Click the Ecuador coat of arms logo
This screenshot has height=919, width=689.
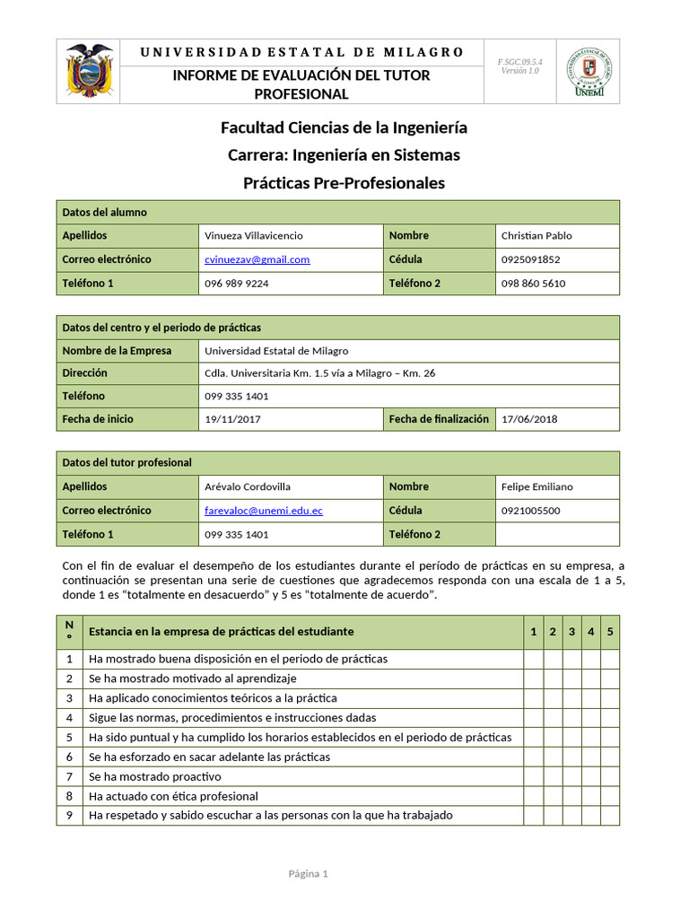89,71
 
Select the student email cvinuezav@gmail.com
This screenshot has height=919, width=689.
257,259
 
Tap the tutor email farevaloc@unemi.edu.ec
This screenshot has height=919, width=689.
264,511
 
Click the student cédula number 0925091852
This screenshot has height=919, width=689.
530,259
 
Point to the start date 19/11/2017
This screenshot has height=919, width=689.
233,419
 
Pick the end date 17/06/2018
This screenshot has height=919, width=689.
529,419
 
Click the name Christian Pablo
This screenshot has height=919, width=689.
536,236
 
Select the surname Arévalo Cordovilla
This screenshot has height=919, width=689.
248,486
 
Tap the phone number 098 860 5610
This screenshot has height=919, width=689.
533,284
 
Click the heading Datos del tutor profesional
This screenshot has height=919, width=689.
126,462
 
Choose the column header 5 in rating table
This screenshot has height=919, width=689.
610,632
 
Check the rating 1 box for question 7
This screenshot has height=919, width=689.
533,776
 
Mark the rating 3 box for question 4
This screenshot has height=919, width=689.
571,717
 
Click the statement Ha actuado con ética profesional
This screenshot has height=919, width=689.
173,796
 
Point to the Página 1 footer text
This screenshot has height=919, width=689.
309,873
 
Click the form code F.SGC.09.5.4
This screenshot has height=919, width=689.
519,61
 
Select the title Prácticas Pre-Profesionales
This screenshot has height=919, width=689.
344,183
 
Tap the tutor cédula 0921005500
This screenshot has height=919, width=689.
530,511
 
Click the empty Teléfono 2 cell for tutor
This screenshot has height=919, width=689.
557,534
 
